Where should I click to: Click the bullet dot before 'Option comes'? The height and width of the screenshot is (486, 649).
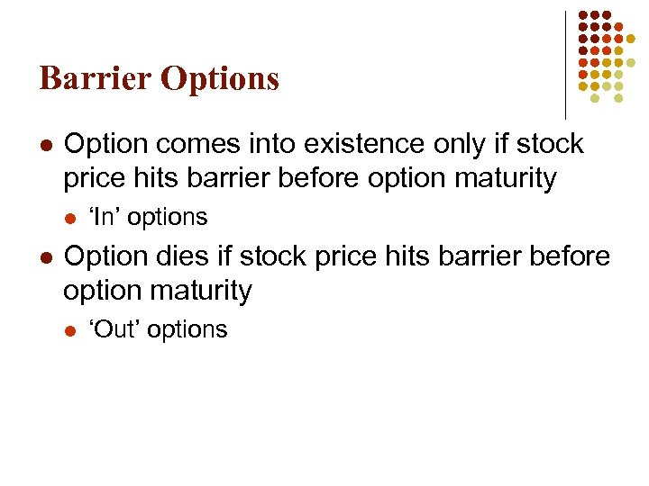[x=46, y=145]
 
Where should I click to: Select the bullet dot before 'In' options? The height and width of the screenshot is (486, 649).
[x=71, y=218]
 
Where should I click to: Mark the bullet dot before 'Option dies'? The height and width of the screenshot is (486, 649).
[x=46, y=257]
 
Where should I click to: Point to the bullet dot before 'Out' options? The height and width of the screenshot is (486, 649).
[x=71, y=330]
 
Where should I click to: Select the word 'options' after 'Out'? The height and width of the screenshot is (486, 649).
[x=187, y=330]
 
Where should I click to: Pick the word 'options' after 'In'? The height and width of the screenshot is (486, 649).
[x=167, y=218]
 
